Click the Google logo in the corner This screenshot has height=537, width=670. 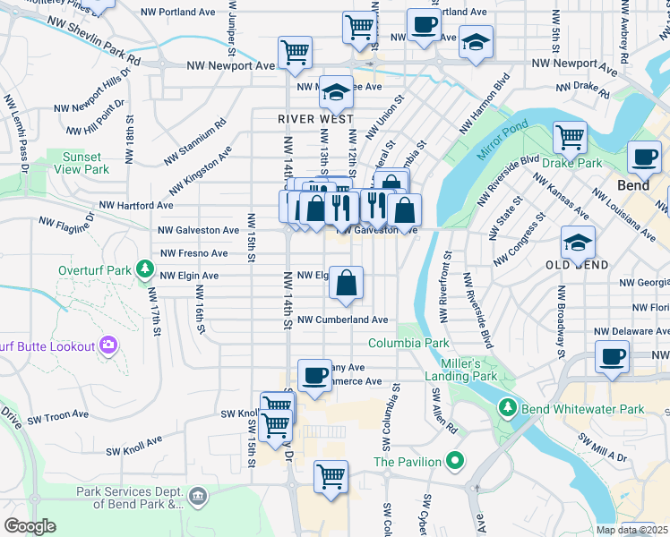click(x=30, y=525)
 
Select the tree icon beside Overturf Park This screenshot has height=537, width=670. click(x=143, y=268)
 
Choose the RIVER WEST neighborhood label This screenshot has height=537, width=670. click(x=315, y=119)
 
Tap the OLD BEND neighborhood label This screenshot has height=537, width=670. click(x=577, y=265)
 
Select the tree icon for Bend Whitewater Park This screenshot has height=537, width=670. click(x=507, y=409)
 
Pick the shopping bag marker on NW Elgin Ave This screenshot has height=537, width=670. click(x=346, y=285)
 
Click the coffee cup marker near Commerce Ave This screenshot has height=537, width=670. click(x=314, y=376)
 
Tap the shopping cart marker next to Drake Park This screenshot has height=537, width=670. click(x=570, y=138)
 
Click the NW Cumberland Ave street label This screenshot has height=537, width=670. click(x=343, y=320)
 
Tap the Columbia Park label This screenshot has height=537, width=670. click(x=408, y=343)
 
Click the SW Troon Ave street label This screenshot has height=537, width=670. click(x=58, y=415)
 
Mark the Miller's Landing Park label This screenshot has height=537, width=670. click(x=468, y=370)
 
